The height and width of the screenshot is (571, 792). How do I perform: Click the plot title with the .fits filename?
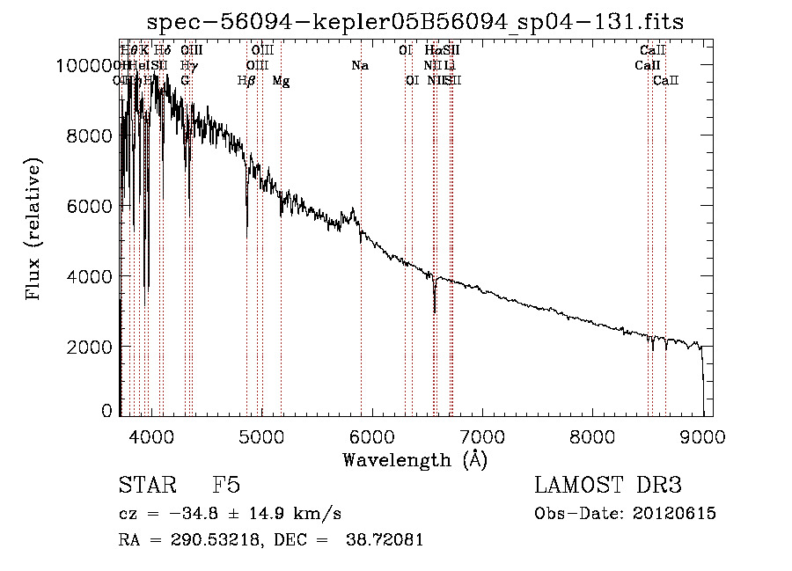coord(415,22)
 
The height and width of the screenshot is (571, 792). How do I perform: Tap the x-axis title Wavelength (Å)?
coord(415,459)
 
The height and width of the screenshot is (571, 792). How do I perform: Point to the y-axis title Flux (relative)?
coord(34,231)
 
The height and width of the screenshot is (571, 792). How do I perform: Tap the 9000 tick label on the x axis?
coord(702,436)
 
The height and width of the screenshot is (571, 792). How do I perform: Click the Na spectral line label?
coord(359,65)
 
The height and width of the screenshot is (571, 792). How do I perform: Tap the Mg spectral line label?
coord(281,81)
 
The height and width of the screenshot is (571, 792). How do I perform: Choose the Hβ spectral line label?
coord(246,80)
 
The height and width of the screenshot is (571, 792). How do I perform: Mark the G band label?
coord(185,80)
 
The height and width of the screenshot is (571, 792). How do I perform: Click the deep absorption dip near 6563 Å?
coord(435,308)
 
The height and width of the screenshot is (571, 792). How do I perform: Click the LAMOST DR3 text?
coord(607,486)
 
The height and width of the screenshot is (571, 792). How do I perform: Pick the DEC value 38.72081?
coord(385,540)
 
